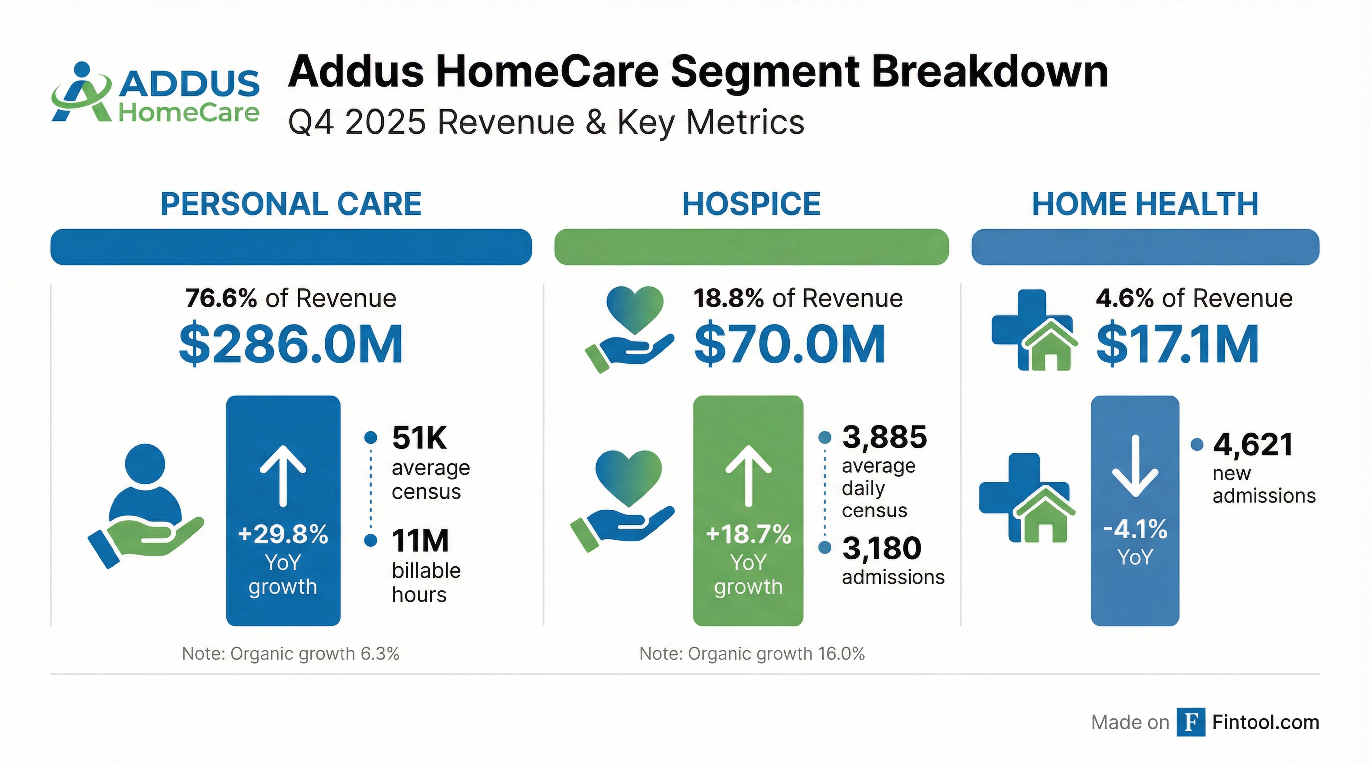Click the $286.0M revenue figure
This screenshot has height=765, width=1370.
(291, 345)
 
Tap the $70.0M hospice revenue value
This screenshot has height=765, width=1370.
(790, 345)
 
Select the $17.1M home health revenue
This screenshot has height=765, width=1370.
(1177, 345)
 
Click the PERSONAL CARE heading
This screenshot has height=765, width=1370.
(291, 204)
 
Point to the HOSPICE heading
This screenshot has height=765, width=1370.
(751, 204)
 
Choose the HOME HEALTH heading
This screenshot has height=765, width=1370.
(1145, 204)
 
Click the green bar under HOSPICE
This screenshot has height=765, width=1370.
(751, 247)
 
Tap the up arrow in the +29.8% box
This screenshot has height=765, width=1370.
(283, 475)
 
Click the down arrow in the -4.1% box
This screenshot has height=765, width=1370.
(1135, 466)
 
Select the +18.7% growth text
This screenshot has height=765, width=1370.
(748, 534)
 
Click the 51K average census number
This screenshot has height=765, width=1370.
(419, 438)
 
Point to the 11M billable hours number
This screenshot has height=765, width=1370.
(420, 541)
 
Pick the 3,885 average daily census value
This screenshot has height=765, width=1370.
(885, 437)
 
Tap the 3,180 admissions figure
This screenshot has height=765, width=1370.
(882, 548)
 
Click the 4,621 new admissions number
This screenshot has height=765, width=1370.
(1253, 445)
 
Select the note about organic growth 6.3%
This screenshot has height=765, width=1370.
(290, 654)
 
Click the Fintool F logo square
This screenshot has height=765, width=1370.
(1190, 722)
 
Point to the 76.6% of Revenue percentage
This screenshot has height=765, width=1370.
(221, 298)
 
